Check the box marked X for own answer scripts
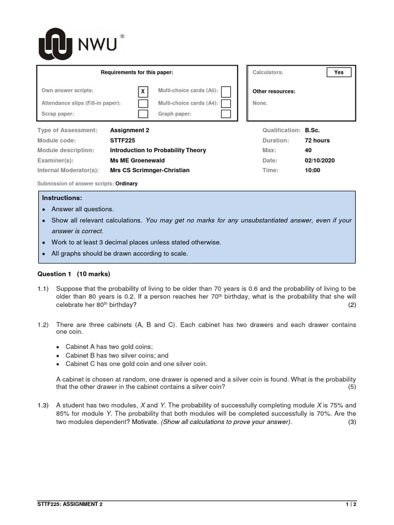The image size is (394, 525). coord(143,92)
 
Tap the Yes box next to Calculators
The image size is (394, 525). coord(339,72)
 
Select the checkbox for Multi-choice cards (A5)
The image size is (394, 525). coord(226,92)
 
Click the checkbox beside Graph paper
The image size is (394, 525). coord(226,114)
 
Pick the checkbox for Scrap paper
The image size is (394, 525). coord(143,114)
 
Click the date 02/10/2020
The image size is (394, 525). coord(319,160)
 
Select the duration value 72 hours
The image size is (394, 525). coord(317,140)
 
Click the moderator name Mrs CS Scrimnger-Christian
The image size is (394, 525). coord(149,170)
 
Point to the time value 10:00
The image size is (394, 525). coord(312,170)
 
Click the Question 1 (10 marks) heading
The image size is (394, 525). coord(74,274)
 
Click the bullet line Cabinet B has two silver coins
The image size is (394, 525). coord(116,355)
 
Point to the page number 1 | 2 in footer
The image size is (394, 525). coord(350,504)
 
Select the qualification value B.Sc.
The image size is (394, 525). coord(312,130)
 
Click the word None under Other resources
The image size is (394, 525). coord(260,103)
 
